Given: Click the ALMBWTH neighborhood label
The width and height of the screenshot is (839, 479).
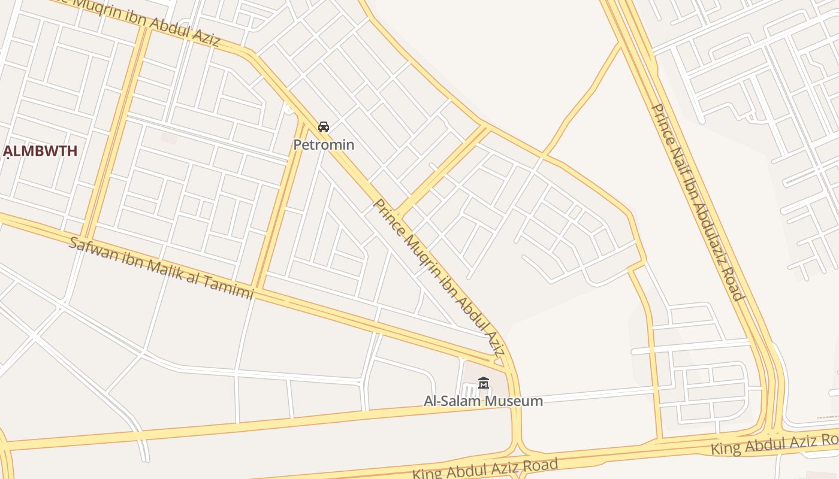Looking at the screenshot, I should point(41,151).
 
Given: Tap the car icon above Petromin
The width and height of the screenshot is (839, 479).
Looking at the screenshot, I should point(324,127).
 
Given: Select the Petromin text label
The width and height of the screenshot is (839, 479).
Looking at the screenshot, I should point(324,145).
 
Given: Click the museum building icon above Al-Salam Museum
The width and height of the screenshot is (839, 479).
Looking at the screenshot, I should point(484,383).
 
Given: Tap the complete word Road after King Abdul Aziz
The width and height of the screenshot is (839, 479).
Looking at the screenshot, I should point(538,465).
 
